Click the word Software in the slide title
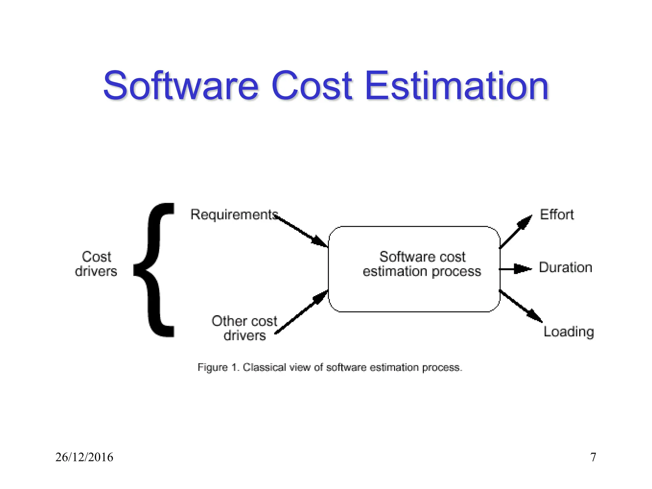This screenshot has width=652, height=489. (181, 86)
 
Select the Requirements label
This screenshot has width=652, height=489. (234, 215)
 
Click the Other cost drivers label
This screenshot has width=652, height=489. (244, 328)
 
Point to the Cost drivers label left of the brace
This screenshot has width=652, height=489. (96, 264)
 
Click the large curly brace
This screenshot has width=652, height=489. (156, 270)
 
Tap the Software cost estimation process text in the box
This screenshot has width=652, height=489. (422, 264)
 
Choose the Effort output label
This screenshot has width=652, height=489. (557, 215)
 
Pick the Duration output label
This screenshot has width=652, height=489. (565, 267)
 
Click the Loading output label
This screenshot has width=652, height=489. (569, 332)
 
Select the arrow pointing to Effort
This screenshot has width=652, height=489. (516, 231)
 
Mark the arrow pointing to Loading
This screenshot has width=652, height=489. (521, 306)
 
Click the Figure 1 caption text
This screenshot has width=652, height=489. (330, 367)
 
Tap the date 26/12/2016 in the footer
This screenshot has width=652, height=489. (84, 457)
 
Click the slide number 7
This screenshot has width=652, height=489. (593, 457)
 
